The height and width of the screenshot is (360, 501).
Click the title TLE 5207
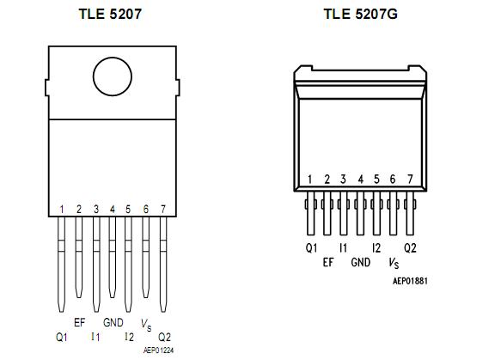[x=112, y=14]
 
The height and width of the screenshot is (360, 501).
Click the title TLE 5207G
[x=361, y=14]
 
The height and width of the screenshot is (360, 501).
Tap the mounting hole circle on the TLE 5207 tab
[x=115, y=77]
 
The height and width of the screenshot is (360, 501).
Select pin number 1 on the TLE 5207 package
[x=62, y=209]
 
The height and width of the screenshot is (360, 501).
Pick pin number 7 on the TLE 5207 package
[x=162, y=209]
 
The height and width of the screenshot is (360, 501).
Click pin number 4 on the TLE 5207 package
[x=112, y=209]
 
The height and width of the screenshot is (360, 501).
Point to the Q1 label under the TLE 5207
[x=62, y=338]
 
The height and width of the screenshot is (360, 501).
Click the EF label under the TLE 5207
[x=80, y=323]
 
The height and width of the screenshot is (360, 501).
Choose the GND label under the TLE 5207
[x=113, y=323]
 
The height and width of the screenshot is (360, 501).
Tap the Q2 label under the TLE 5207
[x=164, y=338]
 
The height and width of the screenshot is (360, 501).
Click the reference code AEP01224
[x=158, y=351]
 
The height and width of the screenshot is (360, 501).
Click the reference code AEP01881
[x=410, y=280]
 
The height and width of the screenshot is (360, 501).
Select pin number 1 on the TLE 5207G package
[x=311, y=180]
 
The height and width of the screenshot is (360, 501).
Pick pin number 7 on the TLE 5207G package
[x=409, y=180]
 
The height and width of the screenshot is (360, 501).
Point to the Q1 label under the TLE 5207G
[x=311, y=248]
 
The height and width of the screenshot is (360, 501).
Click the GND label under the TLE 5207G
[x=361, y=262]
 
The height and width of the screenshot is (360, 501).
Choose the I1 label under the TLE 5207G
[x=344, y=248]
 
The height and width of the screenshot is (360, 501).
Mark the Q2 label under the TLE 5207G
[x=410, y=248]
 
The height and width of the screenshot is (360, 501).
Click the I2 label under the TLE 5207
[x=129, y=338]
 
